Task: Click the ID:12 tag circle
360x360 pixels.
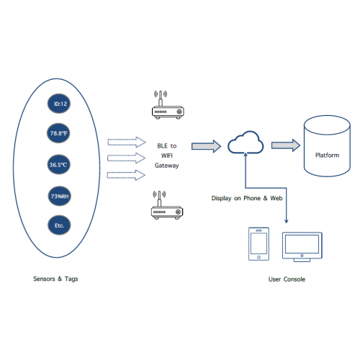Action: coord(59,104)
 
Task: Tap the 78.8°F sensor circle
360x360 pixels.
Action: coord(58,133)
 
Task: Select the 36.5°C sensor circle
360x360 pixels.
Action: coord(59,165)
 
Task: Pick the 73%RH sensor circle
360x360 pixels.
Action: coord(60,196)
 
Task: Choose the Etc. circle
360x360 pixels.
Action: coord(59,225)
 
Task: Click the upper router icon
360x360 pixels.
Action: coord(168,105)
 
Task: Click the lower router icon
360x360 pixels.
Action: coord(167,205)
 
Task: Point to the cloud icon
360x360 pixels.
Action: coord(246,143)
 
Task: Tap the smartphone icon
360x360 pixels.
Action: coord(258,244)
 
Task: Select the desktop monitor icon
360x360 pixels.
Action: coord(302,247)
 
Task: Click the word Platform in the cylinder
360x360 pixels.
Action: coord(327,156)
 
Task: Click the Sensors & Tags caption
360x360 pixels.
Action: coord(55,279)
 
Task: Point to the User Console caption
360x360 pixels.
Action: coord(287,279)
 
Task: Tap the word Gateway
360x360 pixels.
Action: coord(167,166)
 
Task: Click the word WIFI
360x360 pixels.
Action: coord(167,156)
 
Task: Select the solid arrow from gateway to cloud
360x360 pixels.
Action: coord(206,146)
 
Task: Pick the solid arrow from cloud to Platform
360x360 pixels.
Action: coord(286,145)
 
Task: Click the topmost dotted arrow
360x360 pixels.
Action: coord(127,142)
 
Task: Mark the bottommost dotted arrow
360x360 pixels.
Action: coord(126,175)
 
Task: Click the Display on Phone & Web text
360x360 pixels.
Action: coord(247,198)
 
